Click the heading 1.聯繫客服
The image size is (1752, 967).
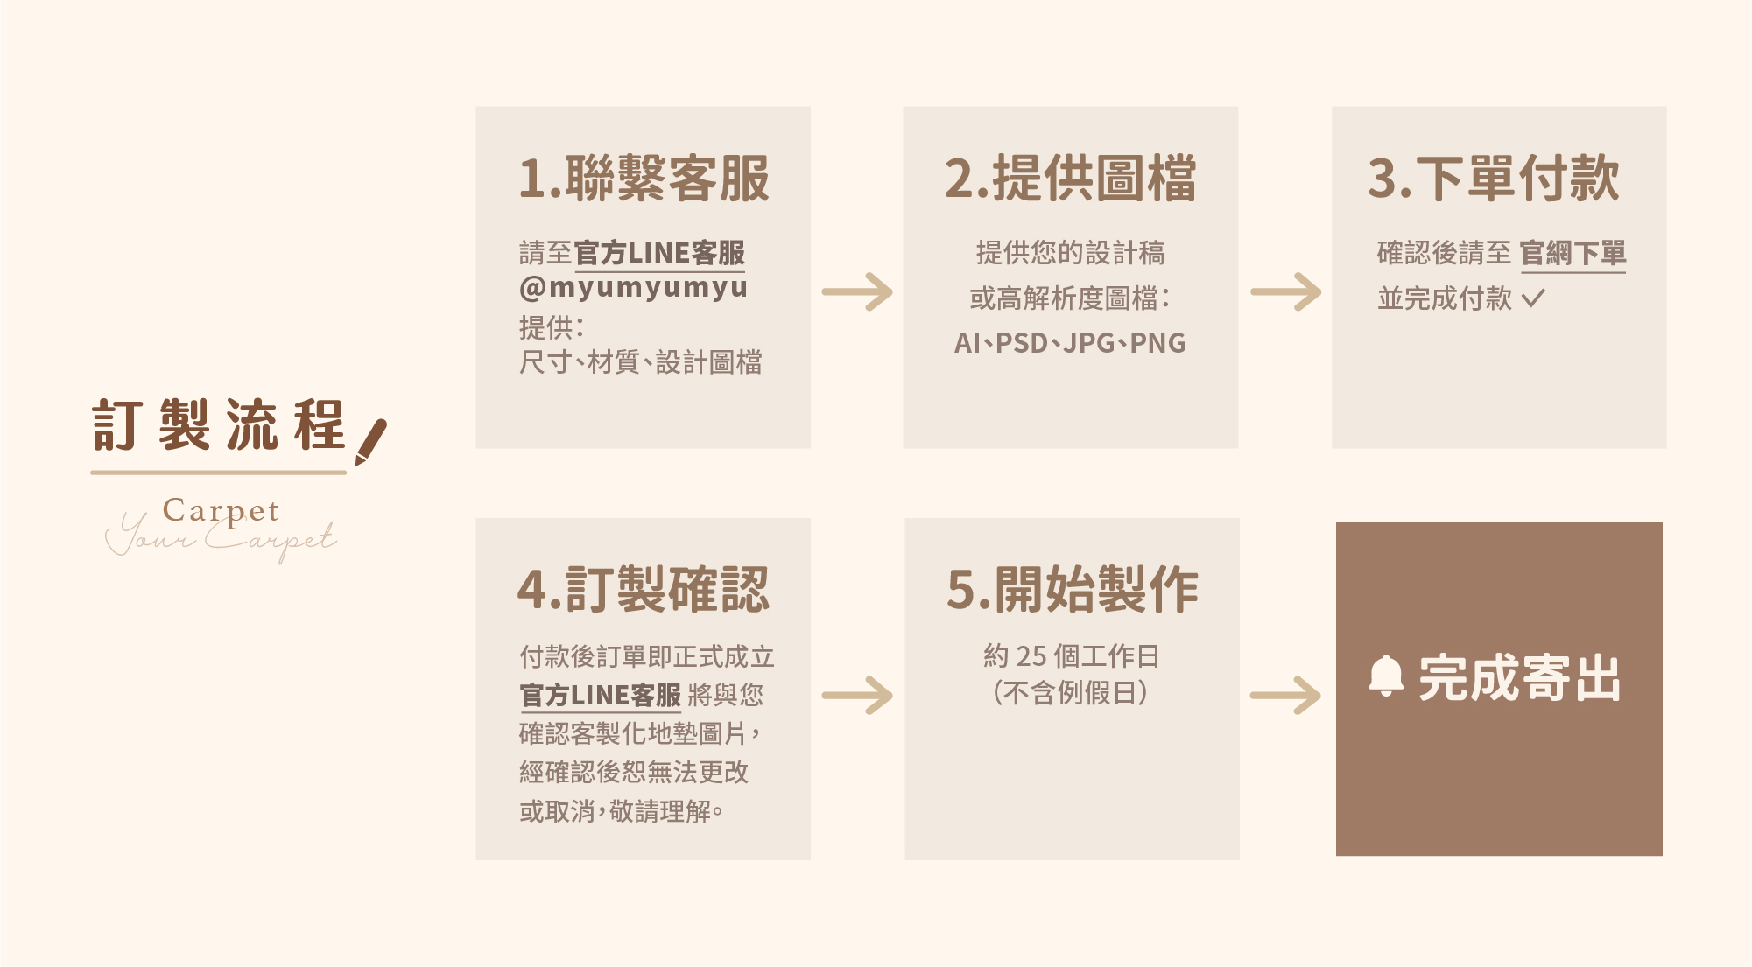click(644, 179)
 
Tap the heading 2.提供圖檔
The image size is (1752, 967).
click(1070, 179)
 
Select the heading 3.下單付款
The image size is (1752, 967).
click(1494, 179)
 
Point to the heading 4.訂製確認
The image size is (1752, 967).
click(644, 589)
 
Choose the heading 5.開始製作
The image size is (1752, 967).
click(1072, 589)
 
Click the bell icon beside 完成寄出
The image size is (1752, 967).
click(1385, 676)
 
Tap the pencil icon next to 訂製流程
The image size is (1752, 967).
click(371, 441)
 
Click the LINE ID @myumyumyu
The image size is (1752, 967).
click(633, 287)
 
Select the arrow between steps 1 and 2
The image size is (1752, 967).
click(857, 292)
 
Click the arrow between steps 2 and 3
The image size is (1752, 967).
click(1285, 292)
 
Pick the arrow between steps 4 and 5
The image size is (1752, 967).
click(857, 696)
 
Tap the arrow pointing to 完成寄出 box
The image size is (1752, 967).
click(1285, 696)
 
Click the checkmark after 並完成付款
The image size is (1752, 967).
click(1533, 299)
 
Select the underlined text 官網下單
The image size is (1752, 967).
click(1573, 253)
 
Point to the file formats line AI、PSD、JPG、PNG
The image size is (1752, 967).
click(1070, 343)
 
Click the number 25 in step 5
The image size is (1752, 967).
click(1031, 655)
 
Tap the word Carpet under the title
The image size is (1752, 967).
click(221, 510)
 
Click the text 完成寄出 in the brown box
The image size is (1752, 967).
click(1519, 678)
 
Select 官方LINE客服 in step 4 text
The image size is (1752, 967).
click(600, 696)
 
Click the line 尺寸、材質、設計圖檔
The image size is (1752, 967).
click(640, 362)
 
